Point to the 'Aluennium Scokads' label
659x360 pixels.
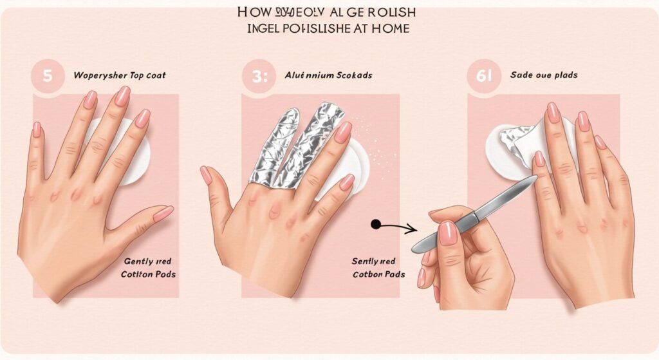pyautogui.click(x=328, y=75)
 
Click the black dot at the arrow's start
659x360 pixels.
pyautogui.click(x=375, y=224)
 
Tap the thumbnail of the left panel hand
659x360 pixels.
pyautogui.click(x=163, y=213)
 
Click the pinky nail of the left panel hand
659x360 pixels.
pyautogui.click(x=37, y=129)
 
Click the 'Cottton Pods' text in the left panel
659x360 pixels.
pyautogui.click(x=147, y=274)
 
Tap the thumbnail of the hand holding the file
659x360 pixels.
pyautogui.click(x=448, y=233)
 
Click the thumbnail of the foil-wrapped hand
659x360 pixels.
pyautogui.click(x=206, y=175)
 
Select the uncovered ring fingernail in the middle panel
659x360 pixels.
pyautogui.click(x=343, y=132)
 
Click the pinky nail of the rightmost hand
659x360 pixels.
pyautogui.click(x=600, y=142)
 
